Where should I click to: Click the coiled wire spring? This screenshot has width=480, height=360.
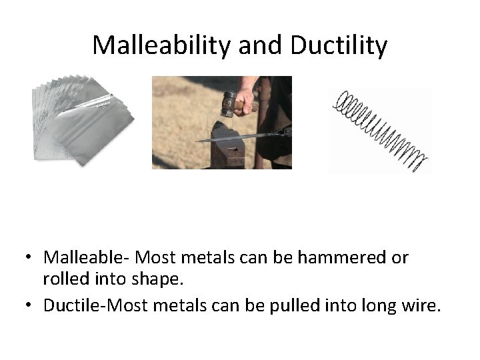coord(381,131)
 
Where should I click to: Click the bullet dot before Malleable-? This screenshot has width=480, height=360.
coord(30,257)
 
